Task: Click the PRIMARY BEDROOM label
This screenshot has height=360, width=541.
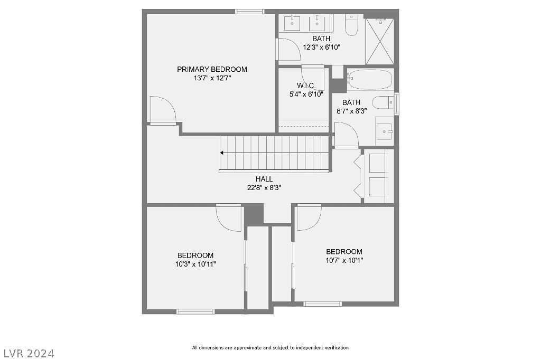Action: coord(212,69)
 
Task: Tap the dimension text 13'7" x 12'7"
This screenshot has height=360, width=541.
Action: coord(212,78)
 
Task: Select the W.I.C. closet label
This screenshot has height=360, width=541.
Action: coord(306,86)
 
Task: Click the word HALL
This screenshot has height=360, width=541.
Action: coord(264,179)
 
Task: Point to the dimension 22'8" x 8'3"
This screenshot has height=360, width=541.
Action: coord(264,187)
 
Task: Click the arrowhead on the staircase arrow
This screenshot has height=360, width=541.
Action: coord(222,153)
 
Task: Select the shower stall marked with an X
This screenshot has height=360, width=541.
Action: coord(380,41)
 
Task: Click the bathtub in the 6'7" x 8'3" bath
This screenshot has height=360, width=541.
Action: coord(370,80)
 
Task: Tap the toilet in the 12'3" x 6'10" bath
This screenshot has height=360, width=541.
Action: coord(352,25)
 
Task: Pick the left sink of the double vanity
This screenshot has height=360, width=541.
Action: coord(292,23)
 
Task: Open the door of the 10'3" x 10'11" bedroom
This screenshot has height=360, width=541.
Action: coord(229,217)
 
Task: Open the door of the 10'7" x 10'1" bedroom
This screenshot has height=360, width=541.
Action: coord(309,217)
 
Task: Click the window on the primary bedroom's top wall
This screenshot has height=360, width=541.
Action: coord(249,11)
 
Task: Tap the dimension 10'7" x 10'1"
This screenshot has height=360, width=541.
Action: coord(344,260)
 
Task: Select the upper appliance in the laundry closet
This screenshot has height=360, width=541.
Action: coord(379,163)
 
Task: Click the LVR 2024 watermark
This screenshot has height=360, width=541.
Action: coord(28,353)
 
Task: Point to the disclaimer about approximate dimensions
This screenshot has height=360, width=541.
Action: coord(270,347)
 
